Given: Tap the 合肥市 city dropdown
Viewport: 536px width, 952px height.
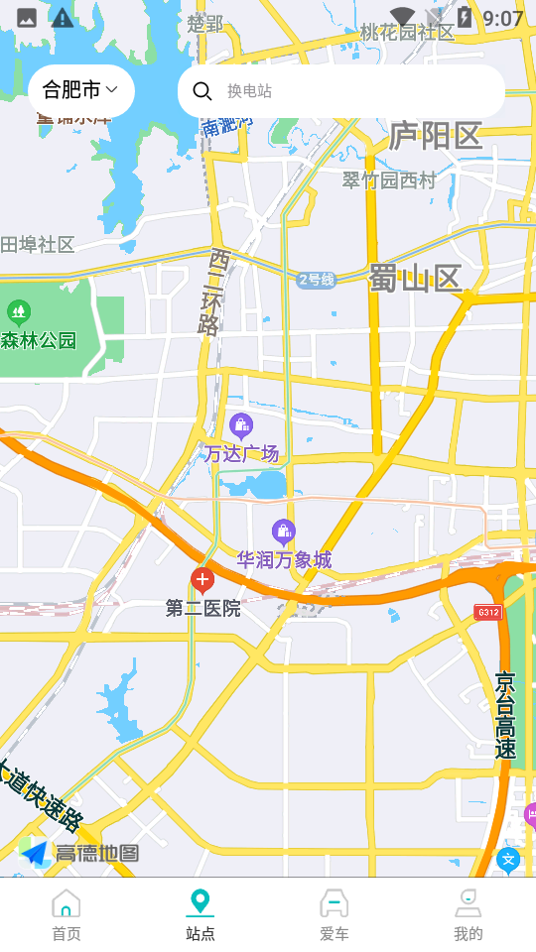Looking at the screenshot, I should (80, 90).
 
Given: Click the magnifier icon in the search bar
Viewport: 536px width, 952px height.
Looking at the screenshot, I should (202, 91).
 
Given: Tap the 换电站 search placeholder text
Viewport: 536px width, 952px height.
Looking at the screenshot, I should (249, 91).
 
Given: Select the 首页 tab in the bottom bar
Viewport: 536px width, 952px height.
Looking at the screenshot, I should (67, 915).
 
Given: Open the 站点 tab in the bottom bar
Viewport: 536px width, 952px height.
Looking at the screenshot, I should (201, 915).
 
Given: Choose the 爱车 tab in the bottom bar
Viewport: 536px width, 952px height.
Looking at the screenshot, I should (335, 915).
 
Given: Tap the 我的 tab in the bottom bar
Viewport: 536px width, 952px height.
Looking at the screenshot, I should (469, 915).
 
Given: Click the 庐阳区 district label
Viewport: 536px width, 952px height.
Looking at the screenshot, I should (435, 136).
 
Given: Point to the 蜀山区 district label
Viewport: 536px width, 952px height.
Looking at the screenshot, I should (416, 279).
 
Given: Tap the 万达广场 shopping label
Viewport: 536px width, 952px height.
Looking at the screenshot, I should (241, 453).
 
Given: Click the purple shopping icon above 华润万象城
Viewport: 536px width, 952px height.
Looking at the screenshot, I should (284, 533).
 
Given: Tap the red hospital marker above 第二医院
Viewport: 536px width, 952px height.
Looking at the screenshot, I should (202, 580).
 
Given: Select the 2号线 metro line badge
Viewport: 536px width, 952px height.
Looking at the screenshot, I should (317, 280).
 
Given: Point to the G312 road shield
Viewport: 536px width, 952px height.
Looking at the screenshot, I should (488, 612).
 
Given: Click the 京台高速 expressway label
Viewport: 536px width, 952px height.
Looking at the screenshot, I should (506, 715).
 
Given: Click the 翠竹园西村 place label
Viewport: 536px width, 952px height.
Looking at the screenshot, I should (389, 180).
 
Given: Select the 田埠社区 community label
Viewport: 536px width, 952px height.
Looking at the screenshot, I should (38, 245).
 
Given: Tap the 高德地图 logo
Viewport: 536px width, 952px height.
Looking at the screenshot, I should (79, 852).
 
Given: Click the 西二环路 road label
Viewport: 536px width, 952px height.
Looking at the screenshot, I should (212, 293).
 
